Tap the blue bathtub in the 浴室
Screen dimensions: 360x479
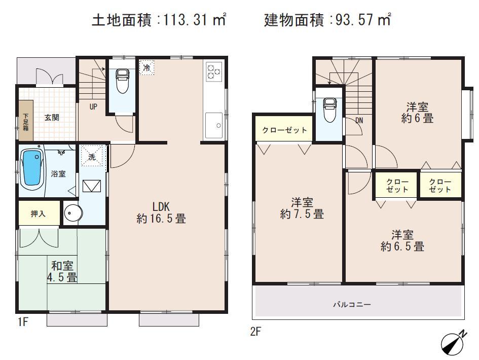[x=32, y=168]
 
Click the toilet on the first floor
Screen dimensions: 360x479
[x=122, y=82]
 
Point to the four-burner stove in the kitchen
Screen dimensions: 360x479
[x=213, y=72]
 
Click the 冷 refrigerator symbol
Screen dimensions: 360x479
[x=146, y=67]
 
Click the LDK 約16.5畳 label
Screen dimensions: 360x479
[x=161, y=212]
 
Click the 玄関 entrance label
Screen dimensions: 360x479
[x=52, y=118]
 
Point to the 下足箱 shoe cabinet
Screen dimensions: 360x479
[x=26, y=121]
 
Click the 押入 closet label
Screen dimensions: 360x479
[x=38, y=213]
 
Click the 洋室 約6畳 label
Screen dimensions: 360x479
[x=417, y=113]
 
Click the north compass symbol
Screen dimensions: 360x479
[x=453, y=343]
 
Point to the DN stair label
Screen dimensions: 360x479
[x=359, y=120]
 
